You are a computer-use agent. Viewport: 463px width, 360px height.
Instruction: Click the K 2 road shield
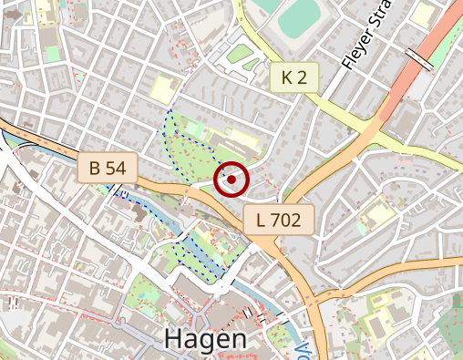294,77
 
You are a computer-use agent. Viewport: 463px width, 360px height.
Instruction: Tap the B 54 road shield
108,168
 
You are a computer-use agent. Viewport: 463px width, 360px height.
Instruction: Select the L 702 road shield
279,219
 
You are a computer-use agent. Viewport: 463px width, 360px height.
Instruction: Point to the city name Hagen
205,340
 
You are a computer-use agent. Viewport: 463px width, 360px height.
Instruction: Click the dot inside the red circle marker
231,180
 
